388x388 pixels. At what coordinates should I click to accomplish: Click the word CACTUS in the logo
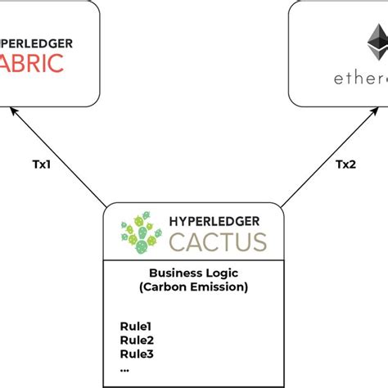[218, 242]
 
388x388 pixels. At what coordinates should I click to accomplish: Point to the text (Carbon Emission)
[194, 288]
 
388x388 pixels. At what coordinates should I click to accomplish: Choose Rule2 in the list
[136, 341]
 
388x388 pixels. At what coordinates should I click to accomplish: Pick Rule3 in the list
[136, 354]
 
